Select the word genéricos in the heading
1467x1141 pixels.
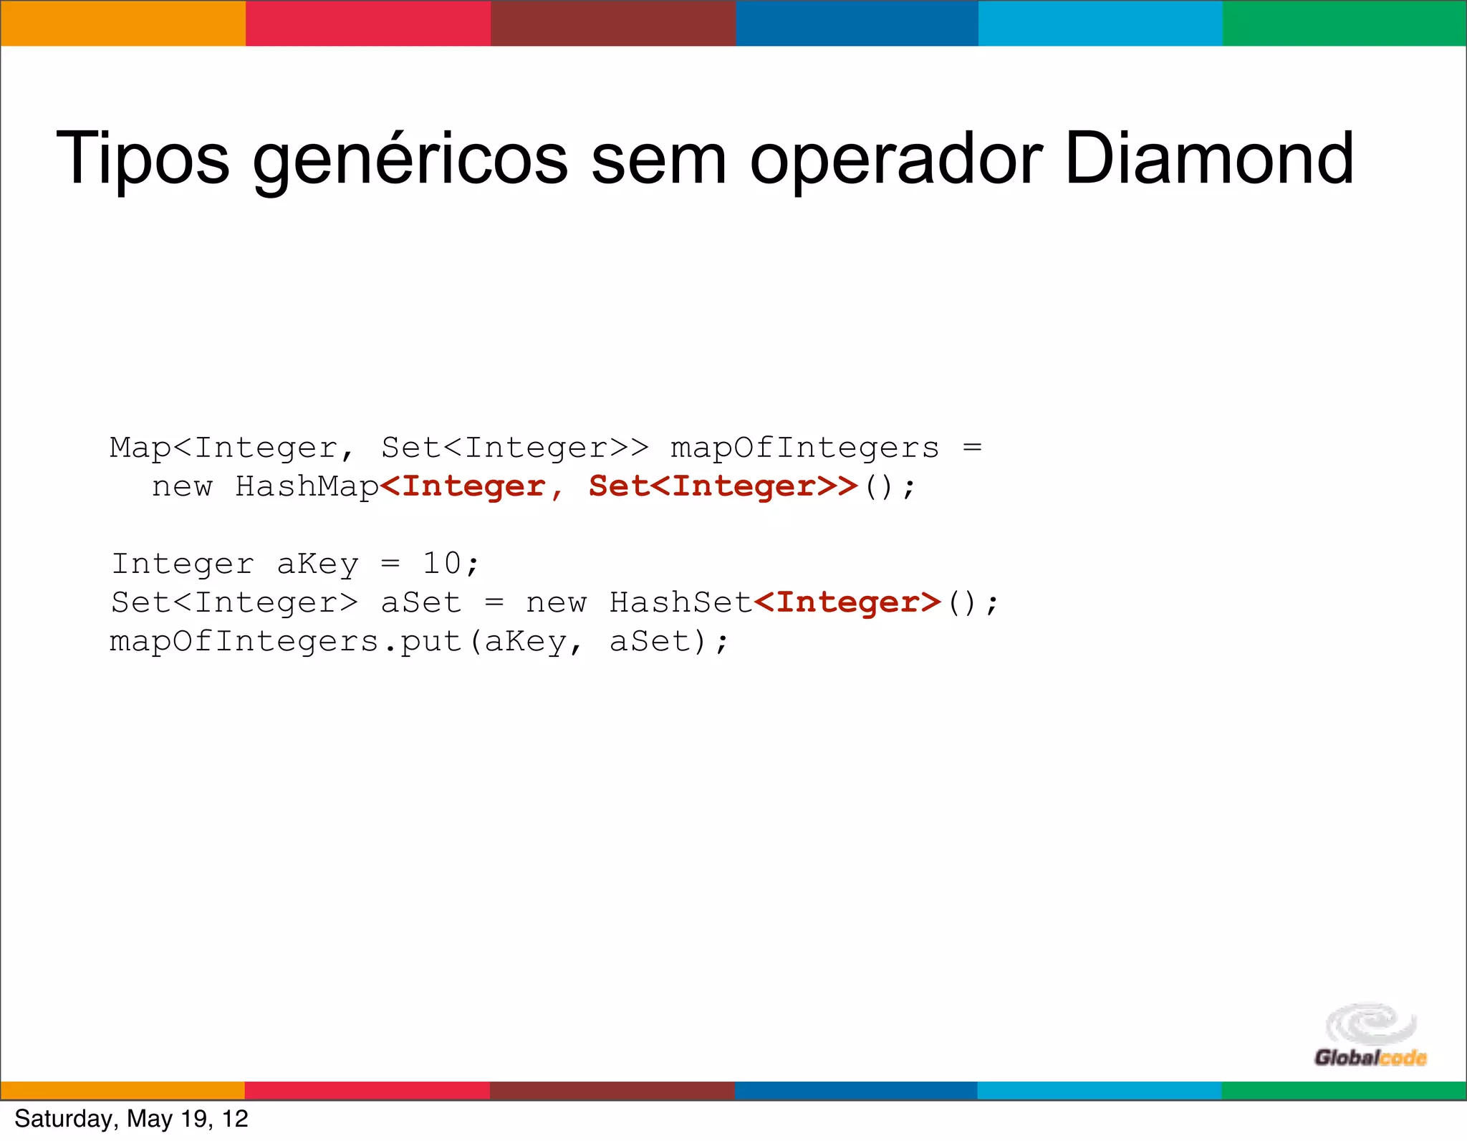410,161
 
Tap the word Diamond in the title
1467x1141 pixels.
1209,158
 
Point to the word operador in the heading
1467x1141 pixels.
895,161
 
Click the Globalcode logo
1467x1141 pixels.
1370,1036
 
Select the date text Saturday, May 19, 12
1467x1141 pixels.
131,1119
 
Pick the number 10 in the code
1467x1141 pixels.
441,564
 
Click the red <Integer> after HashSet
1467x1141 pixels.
847,602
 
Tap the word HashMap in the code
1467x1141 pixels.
307,486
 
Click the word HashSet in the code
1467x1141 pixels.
680,602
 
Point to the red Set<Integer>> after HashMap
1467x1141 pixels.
723,486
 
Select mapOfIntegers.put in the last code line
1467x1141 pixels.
286,642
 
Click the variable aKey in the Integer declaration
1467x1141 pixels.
317,564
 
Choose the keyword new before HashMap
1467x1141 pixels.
182,487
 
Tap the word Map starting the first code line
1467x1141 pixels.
140,448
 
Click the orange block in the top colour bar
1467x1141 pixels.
122,23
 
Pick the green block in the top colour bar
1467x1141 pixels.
1345,23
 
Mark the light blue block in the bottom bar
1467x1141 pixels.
1099,1090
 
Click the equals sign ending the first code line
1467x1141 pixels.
972,448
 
